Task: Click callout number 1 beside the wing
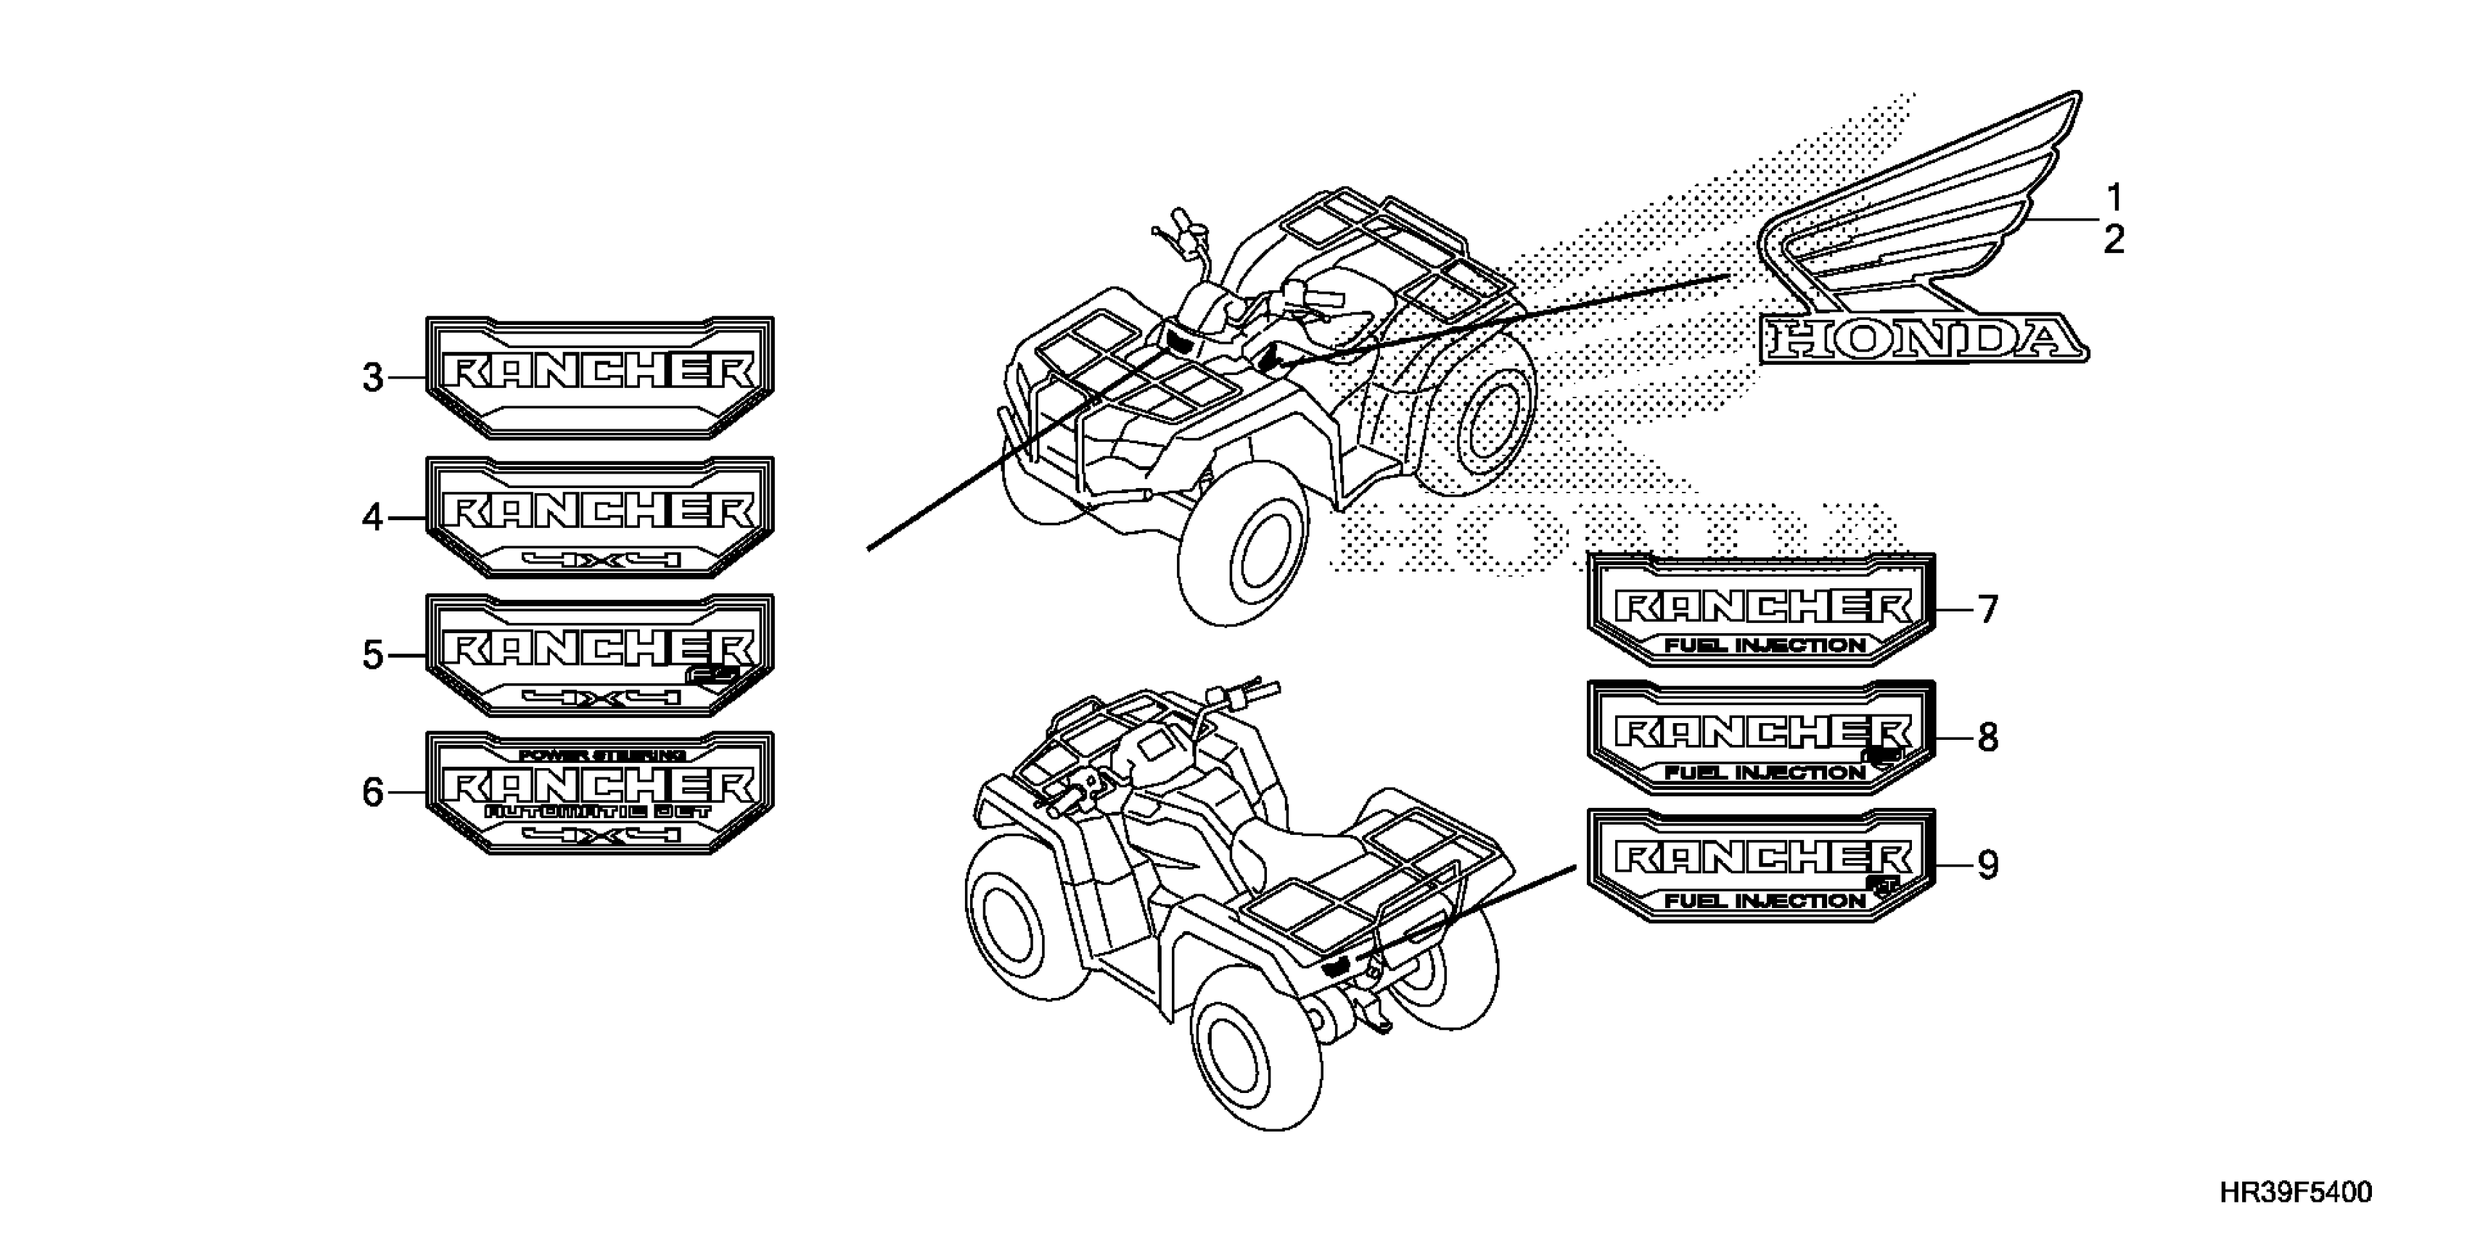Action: coord(2114,197)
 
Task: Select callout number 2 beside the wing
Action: coord(2114,239)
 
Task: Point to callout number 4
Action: coord(372,518)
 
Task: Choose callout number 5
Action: coord(372,656)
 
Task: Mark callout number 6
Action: coord(372,793)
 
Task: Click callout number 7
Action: coord(1988,609)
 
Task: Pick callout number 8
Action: coord(1988,737)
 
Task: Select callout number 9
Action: coord(1988,865)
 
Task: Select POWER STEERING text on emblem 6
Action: coord(602,755)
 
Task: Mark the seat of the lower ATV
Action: coord(1284,842)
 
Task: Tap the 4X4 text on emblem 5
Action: coord(602,697)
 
